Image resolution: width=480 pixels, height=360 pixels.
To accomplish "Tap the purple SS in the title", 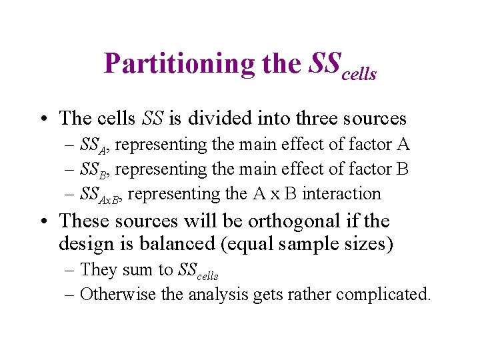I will [x=325, y=63].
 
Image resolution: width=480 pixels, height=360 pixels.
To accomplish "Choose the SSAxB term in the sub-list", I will [x=101, y=195].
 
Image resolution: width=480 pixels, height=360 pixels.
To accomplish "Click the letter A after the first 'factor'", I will [x=403, y=144].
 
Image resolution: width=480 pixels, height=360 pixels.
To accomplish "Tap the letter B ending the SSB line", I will [x=402, y=169].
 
